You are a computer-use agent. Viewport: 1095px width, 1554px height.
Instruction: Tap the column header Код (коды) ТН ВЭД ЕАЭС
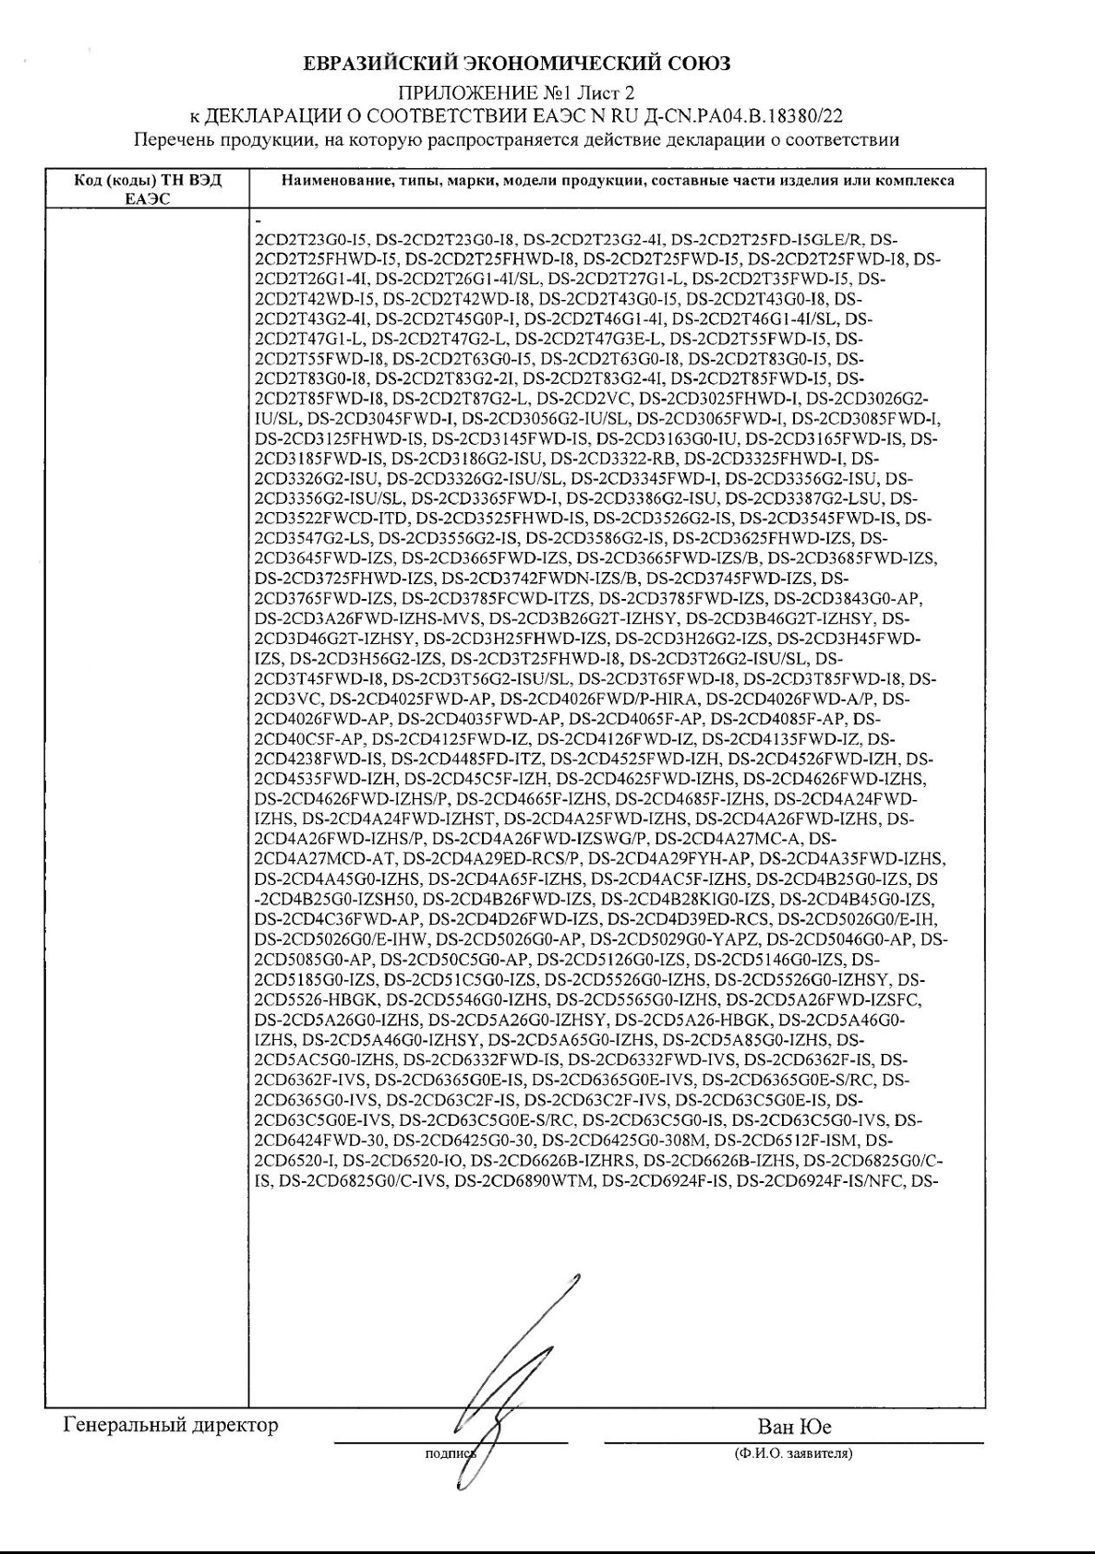click(148, 189)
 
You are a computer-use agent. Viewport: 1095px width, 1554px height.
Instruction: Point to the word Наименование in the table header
click(331, 182)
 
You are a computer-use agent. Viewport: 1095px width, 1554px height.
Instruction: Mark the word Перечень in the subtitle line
click(171, 140)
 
